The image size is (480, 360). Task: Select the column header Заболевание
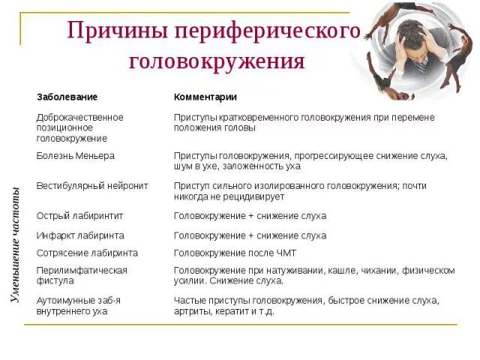pos(67,97)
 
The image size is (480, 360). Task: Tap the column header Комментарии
pos(205,97)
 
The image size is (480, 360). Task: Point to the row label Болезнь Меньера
pos(76,156)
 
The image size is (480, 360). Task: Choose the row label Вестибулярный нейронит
pos(92,185)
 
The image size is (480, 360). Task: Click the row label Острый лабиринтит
pos(79,216)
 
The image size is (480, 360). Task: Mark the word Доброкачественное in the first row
pos(79,118)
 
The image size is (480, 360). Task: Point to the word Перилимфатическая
pos(82,271)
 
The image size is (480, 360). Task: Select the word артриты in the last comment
pos(191,311)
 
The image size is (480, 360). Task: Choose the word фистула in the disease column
pos(55,281)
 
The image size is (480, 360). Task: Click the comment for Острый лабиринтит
pos(250,216)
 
